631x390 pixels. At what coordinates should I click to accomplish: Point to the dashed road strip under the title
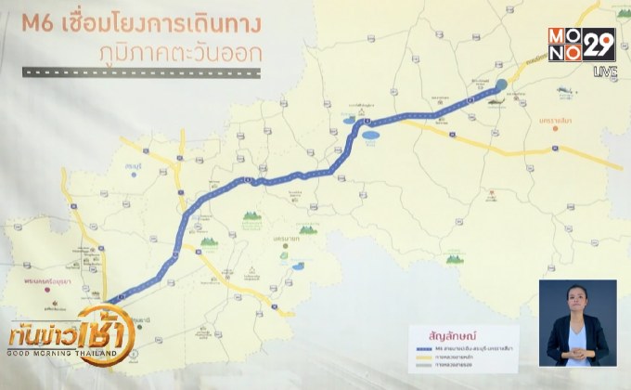[139, 71]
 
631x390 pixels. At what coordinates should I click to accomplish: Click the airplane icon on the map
[565, 91]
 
